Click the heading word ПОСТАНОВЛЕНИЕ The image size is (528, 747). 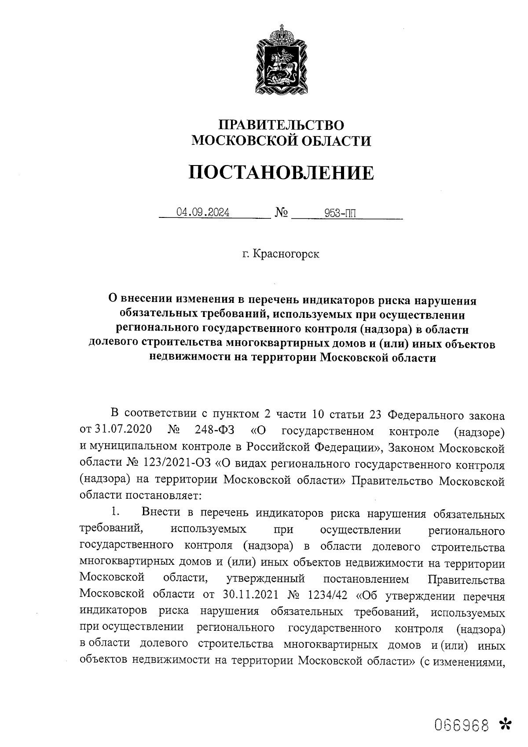(x=282, y=173)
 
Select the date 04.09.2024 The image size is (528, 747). (x=203, y=213)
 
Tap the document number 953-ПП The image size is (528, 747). (x=340, y=213)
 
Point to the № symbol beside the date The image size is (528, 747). (x=282, y=213)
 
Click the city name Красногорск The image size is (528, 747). (x=286, y=254)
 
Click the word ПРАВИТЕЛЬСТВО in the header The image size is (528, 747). (x=282, y=125)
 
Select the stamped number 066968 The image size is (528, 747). (x=462, y=725)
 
